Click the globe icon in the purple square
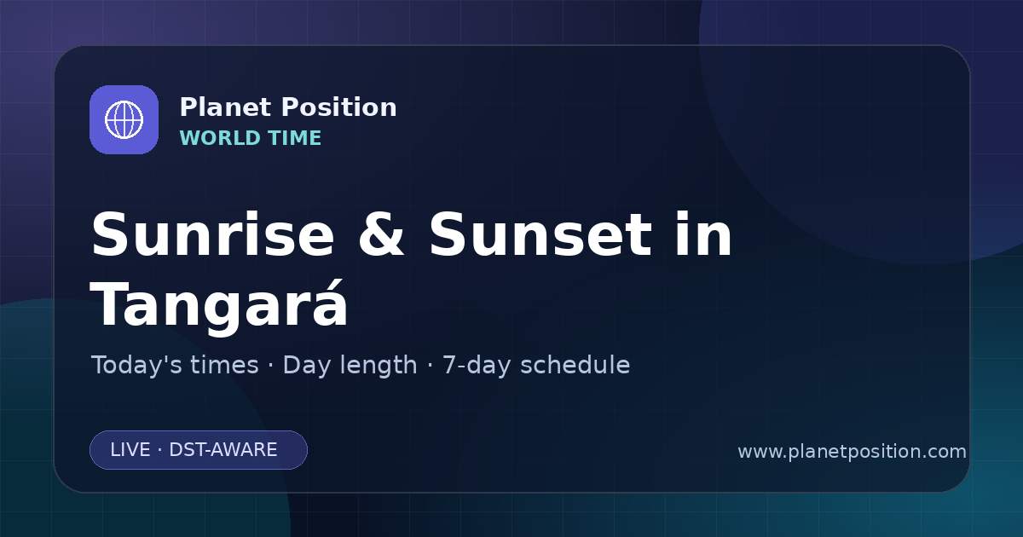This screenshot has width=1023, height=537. [124, 119]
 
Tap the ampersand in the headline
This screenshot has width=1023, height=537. [381, 234]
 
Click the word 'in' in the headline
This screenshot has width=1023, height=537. [704, 234]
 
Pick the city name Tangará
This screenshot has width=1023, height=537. [219, 303]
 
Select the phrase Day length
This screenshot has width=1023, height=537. [350, 366]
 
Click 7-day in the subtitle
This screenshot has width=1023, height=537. [477, 366]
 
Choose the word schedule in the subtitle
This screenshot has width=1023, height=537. [575, 365]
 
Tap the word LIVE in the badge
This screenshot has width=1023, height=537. [130, 450]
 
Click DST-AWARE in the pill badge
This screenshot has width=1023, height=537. [223, 450]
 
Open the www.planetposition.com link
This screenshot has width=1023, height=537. [852, 452]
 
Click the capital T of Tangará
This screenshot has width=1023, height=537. [109, 303]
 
